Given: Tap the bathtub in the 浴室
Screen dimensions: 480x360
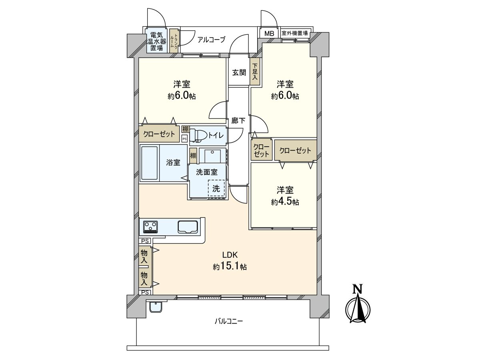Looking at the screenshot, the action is pos(150,163).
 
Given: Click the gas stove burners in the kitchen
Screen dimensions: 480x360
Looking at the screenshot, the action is pos(150,227).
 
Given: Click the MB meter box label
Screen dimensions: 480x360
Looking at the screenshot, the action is pos(269,34).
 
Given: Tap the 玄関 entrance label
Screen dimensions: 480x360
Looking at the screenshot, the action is pos(239,72).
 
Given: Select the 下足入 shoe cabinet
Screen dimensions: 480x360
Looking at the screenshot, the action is pos(255,72).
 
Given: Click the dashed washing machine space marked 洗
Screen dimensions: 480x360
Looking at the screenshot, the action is pos(216,188).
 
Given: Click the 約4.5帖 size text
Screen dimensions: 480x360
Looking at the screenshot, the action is pos(285,202).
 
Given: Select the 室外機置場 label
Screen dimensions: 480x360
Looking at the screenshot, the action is pos(295,33).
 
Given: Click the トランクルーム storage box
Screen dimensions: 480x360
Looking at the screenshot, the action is pos(174,41).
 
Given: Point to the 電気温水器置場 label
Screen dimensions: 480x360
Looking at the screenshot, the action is pos(156,42).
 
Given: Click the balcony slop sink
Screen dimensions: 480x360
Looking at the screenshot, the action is pos(156,308).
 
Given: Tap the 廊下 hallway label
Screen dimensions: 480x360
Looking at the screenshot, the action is pos(238,121).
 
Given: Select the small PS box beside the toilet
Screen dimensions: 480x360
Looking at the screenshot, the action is pos(185,138).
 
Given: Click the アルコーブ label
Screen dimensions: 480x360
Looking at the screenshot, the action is pos(211,40).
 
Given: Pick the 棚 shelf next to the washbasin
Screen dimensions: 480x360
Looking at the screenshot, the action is pos(193,156).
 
